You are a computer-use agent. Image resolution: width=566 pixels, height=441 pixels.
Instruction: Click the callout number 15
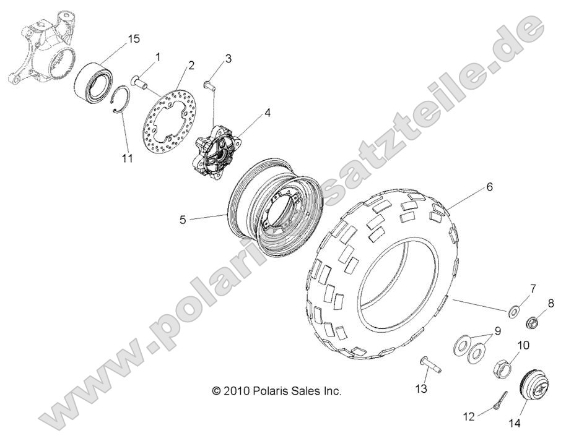(x=133, y=39)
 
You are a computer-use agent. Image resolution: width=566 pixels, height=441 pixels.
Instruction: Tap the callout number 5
(x=183, y=218)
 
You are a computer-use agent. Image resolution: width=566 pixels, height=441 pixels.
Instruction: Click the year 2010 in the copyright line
(x=238, y=391)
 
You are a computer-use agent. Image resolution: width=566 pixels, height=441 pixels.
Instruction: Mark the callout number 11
(x=127, y=158)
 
